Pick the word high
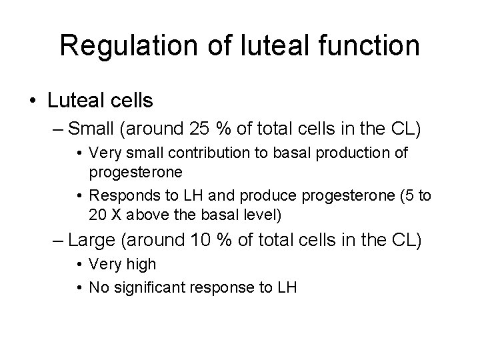pos(142,264)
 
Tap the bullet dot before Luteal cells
pos(33,101)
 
